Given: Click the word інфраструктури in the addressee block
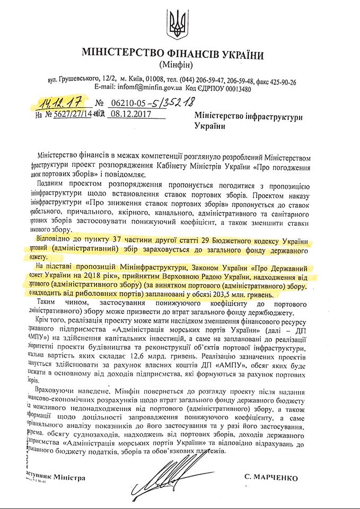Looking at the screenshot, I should (271, 115).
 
